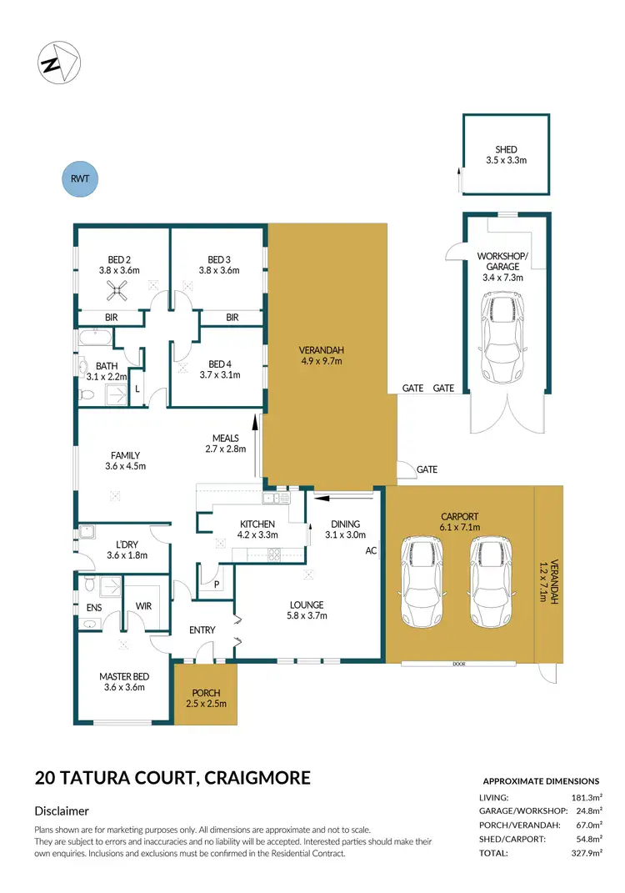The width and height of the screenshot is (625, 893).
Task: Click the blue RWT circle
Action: [x=81, y=178]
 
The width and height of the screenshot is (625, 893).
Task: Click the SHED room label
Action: [x=506, y=150]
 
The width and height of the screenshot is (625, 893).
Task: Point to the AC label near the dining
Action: [x=372, y=551]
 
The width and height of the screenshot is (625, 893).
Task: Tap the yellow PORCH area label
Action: [x=206, y=692]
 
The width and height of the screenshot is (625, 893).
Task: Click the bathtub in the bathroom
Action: [x=94, y=339]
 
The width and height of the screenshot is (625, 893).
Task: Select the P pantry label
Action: [x=216, y=585]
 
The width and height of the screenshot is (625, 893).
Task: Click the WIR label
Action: [x=142, y=606]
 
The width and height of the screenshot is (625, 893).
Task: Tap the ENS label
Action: [x=95, y=609]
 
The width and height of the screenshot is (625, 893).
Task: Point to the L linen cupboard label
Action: [x=137, y=388]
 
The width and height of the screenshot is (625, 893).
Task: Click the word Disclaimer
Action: [x=62, y=810]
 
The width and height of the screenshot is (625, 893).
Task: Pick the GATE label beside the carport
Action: [x=427, y=470]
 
